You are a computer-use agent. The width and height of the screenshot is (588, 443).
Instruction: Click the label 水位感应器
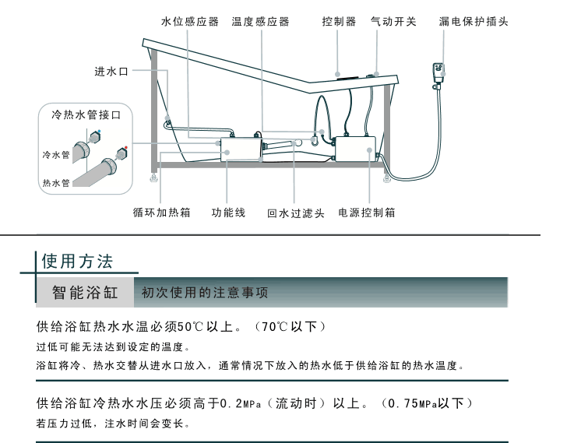click(x=190, y=22)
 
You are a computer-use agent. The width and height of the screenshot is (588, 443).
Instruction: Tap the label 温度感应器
click(x=260, y=22)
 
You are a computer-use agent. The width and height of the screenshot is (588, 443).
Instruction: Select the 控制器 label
click(x=339, y=22)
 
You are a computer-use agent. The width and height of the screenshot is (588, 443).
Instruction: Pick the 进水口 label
click(x=111, y=72)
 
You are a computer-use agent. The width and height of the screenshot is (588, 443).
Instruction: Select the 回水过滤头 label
click(x=295, y=213)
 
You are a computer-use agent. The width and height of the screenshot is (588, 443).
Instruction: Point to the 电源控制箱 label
click(x=367, y=212)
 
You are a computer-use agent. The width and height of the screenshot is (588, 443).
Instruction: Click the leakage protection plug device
click(x=440, y=73)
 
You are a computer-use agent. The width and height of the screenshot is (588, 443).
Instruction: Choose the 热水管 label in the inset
click(x=55, y=183)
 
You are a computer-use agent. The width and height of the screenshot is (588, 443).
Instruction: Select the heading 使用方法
click(x=77, y=259)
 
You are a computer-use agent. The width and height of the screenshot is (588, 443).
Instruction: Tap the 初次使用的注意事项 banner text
click(x=205, y=293)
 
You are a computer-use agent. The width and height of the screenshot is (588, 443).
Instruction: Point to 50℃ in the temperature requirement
click(x=191, y=326)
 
